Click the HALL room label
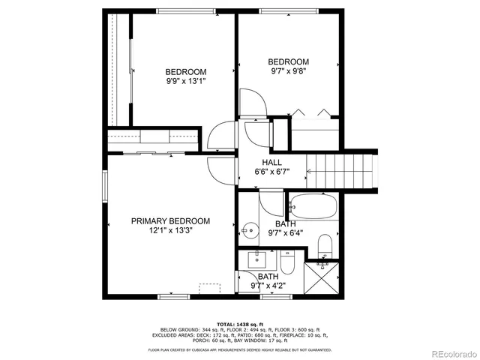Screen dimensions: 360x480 point(271,163)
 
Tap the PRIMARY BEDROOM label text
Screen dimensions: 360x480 point(170,221)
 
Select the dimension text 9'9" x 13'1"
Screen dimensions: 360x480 point(185,82)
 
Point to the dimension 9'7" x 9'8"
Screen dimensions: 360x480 point(288,72)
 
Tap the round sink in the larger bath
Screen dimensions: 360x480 point(250,229)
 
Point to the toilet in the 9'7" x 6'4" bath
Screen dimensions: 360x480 point(325,245)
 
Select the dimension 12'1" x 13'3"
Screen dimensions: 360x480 point(170,232)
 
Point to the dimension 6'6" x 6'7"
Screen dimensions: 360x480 point(271,172)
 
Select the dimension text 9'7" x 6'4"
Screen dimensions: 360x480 point(285,233)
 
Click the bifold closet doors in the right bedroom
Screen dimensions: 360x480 point(313,113)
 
